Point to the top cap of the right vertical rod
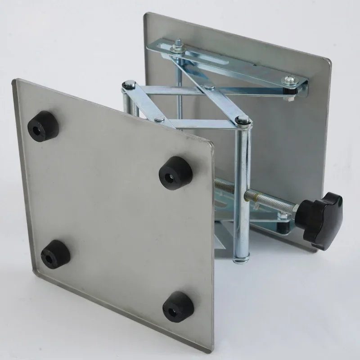(243, 120)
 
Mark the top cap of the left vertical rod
(129, 84)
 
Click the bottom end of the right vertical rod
(242, 258)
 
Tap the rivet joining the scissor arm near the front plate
(159, 119)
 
